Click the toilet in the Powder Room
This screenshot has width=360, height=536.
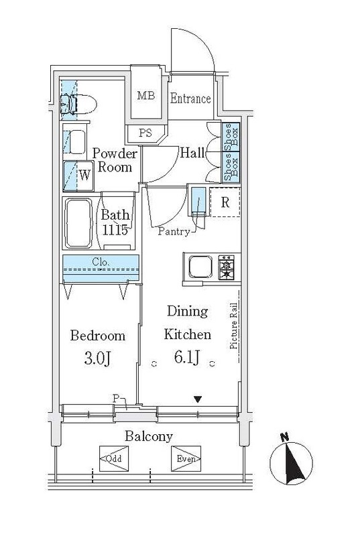[x=78, y=105]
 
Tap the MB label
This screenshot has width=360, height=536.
[x=146, y=95]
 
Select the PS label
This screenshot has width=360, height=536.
[x=145, y=133]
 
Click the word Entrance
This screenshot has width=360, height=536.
[x=190, y=98]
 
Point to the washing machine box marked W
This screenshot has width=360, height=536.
[x=78, y=176]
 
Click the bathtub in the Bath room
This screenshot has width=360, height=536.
[x=78, y=223]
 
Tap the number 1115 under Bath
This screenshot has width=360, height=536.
[x=115, y=230]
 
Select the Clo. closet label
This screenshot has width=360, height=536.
[x=101, y=263]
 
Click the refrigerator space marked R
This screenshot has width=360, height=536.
[x=225, y=202]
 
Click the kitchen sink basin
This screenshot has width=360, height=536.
[x=200, y=267]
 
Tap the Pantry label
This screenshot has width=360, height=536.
[x=174, y=232]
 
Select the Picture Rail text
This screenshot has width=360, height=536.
[x=234, y=326]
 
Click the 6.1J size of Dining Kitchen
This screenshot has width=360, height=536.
[x=187, y=358]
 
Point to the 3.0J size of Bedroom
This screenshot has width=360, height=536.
[x=97, y=358]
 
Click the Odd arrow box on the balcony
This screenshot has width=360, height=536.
[x=114, y=458]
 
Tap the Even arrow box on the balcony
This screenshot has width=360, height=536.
[x=186, y=458]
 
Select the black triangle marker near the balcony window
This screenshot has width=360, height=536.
[x=198, y=399]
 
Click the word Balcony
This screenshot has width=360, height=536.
[x=149, y=436]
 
